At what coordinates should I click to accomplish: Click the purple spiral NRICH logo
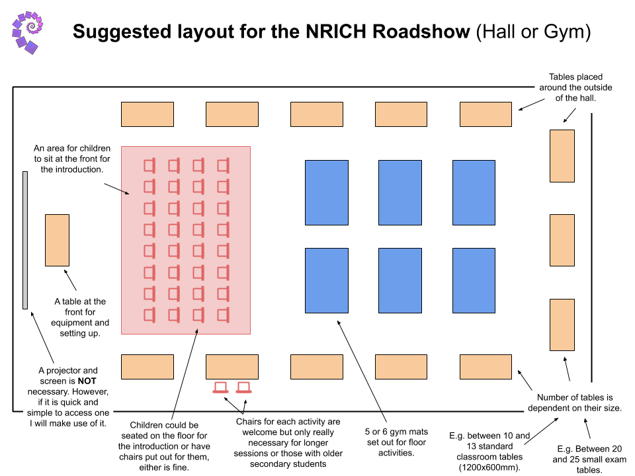pos(27,31)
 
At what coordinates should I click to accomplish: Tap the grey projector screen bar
pos(25,240)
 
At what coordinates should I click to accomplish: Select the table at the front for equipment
pos(57,240)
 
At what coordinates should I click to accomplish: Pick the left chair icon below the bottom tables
pos(220,387)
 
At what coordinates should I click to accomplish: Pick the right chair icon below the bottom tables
pos(244,387)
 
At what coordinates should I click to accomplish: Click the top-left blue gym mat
pos(326,192)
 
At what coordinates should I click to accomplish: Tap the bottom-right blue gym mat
pos(474,280)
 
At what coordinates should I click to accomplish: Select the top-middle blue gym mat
pos(400,192)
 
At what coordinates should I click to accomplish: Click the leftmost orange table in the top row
pos(147,114)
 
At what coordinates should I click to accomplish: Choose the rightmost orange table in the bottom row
pos(486,367)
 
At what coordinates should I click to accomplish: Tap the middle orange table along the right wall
pos(562,240)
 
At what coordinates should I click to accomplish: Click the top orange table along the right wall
pos(562,156)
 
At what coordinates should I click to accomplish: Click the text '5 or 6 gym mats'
pos(396,431)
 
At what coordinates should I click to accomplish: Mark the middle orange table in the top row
pos(317,114)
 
